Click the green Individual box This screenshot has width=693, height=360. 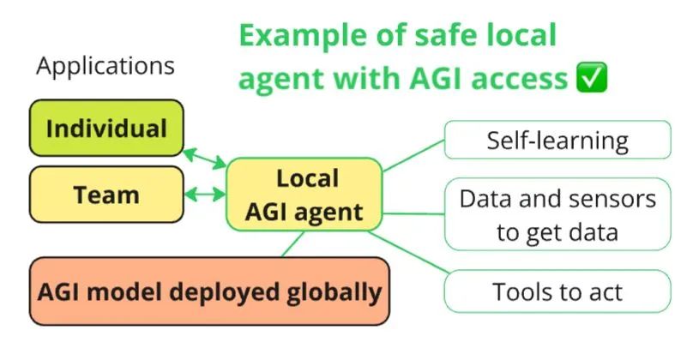pyautogui.click(x=106, y=129)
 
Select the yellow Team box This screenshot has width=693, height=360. pyautogui.click(x=106, y=195)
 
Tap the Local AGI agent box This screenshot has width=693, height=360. pyautogui.click(x=303, y=195)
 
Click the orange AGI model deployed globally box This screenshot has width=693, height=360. pyautogui.click(x=209, y=292)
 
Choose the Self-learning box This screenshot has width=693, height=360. pyautogui.click(x=557, y=140)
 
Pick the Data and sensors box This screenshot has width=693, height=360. pyautogui.click(x=557, y=214)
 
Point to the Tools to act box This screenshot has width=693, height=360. pyautogui.click(x=557, y=291)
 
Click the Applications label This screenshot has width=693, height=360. pyautogui.click(x=105, y=66)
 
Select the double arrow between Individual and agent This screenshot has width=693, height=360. pyautogui.click(x=205, y=158)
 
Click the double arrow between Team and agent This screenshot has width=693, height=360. pyautogui.click(x=205, y=195)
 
